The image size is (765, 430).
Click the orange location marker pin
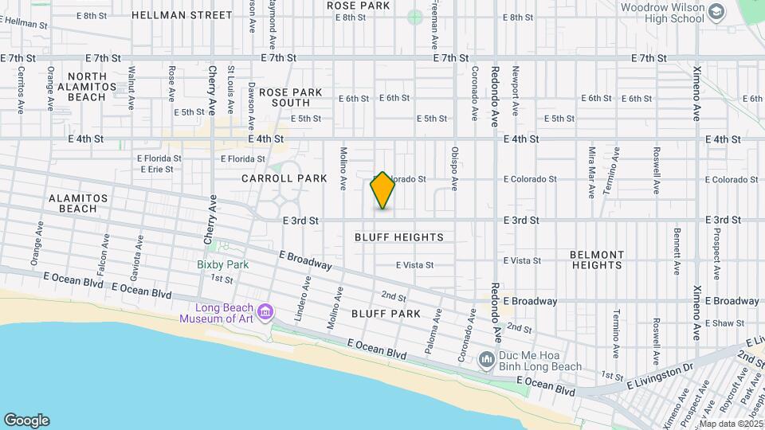383,190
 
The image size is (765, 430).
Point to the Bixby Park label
223,264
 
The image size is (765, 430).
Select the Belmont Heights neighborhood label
597,260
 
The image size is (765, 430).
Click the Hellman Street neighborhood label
182,15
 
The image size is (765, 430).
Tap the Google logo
26,420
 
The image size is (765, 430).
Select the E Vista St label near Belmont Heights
522,260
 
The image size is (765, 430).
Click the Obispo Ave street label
455,168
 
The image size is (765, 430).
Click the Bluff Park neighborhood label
386,314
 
